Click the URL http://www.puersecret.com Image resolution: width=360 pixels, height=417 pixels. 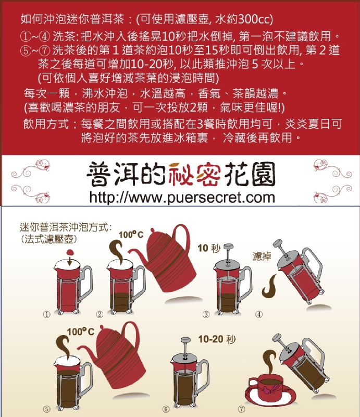(x=182, y=198)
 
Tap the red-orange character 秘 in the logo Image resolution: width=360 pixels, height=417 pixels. (x=182, y=174)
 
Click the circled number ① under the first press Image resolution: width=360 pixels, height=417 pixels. (x=47, y=314)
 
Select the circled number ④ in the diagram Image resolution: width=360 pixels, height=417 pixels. (x=259, y=314)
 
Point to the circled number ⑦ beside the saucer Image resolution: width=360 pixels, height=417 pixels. (x=242, y=409)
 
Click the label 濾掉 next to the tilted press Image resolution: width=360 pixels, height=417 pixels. (x=262, y=256)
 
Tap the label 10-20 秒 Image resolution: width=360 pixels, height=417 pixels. (x=217, y=339)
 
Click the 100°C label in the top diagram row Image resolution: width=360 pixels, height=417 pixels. (x=131, y=235)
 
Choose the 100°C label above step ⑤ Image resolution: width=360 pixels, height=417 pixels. (x=81, y=332)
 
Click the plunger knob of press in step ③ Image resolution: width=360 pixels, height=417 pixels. (x=228, y=246)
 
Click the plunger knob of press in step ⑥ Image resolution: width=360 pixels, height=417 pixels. (x=185, y=340)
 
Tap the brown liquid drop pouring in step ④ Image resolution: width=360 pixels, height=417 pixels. (x=269, y=286)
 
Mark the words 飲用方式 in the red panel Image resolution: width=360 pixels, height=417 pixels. (x=46, y=124)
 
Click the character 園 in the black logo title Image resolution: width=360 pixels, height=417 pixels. (x=263, y=174)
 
